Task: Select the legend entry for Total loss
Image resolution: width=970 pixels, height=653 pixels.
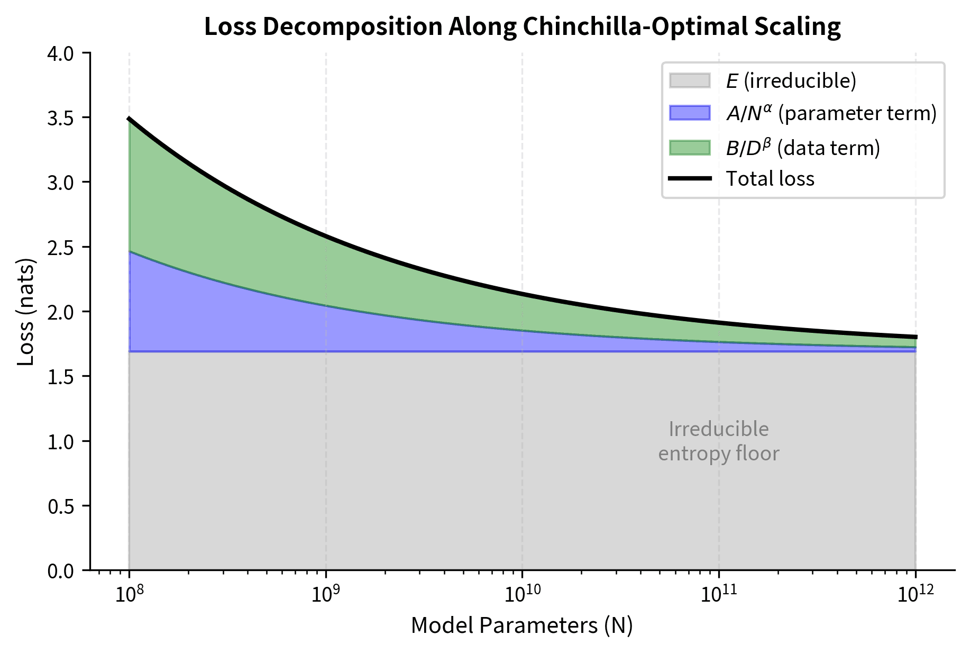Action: pyautogui.click(x=770, y=179)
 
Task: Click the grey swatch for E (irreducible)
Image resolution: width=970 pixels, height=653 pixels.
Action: pyautogui.click(x=689, y=80)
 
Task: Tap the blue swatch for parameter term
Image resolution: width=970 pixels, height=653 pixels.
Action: pyautogui.click(x=689, y=113)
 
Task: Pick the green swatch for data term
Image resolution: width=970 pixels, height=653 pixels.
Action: pyautogui.click(x=689, y=148)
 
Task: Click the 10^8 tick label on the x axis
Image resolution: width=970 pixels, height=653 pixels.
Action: pyautogui.click(x=129, y=594)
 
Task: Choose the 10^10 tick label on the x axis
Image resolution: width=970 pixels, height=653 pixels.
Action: pyautogui.click(x=522, y=594)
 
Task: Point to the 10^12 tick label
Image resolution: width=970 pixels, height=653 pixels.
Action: pyautogui.click(x=915, y=594)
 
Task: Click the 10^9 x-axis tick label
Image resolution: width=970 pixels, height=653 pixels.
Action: pyautogui.click(x=325, y=594)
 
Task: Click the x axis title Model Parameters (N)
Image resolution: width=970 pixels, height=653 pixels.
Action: pyautogui.click(x=521, y=625)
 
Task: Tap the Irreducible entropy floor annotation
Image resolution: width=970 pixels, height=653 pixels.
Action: pyautogui.click(x=718, y=441)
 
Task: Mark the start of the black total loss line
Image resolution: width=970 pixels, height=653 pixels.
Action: pyautogui.click(x=129, y=119)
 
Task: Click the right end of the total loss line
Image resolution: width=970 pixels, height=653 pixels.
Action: pyautogui.click(x=916, y=337)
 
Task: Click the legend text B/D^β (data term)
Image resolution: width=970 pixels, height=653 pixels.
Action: pyautogui.click(x=803, y=148)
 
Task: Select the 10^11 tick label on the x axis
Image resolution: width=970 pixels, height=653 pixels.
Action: pyautogui.click(x=718, y=594)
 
